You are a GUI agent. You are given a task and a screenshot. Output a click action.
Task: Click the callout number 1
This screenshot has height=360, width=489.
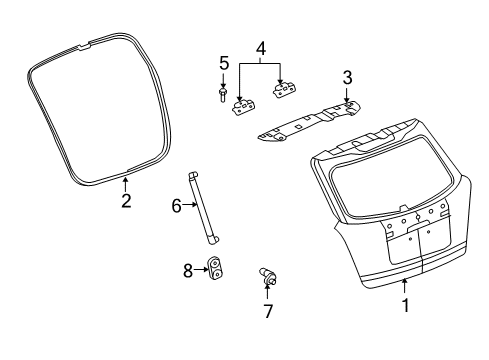click(405, 306)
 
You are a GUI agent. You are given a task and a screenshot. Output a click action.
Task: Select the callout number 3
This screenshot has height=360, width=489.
click(347, 77)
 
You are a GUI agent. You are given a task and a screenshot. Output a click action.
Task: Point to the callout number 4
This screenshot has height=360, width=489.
click(260, 49)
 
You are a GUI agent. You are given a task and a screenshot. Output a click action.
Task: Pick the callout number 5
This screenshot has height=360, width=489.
click(224, 65)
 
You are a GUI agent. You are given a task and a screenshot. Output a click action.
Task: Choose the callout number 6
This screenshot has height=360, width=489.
click(176, 205)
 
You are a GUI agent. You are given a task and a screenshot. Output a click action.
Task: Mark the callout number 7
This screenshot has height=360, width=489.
click(268, 311)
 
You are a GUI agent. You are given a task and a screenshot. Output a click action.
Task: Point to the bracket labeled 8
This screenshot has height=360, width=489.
click(214, 268)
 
